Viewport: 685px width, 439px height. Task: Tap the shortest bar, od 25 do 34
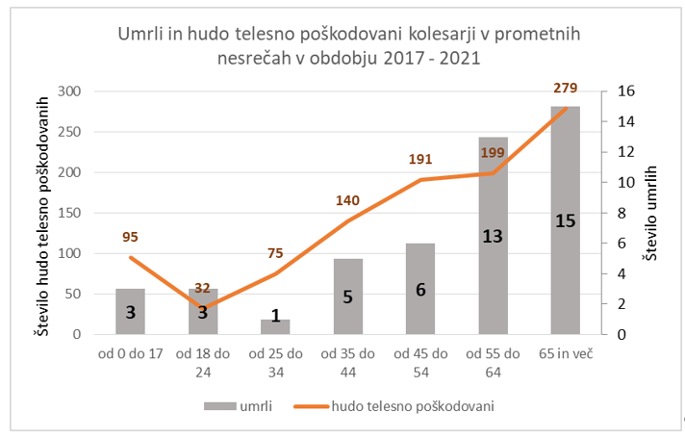pyautogui.click(x=275, y=326)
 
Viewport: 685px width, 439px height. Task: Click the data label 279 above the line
pyautogui.click(x=566, y=89)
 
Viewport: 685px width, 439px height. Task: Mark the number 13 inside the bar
pyautogui.click(x=494, y=236)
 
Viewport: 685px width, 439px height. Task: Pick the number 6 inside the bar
pyautogui.click(x=421, y=288)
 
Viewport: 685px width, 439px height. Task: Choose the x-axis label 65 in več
pyautogui.click(x=566, y=354)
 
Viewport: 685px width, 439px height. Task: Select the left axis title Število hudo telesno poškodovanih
pyautogui.click(x=43, y=213)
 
